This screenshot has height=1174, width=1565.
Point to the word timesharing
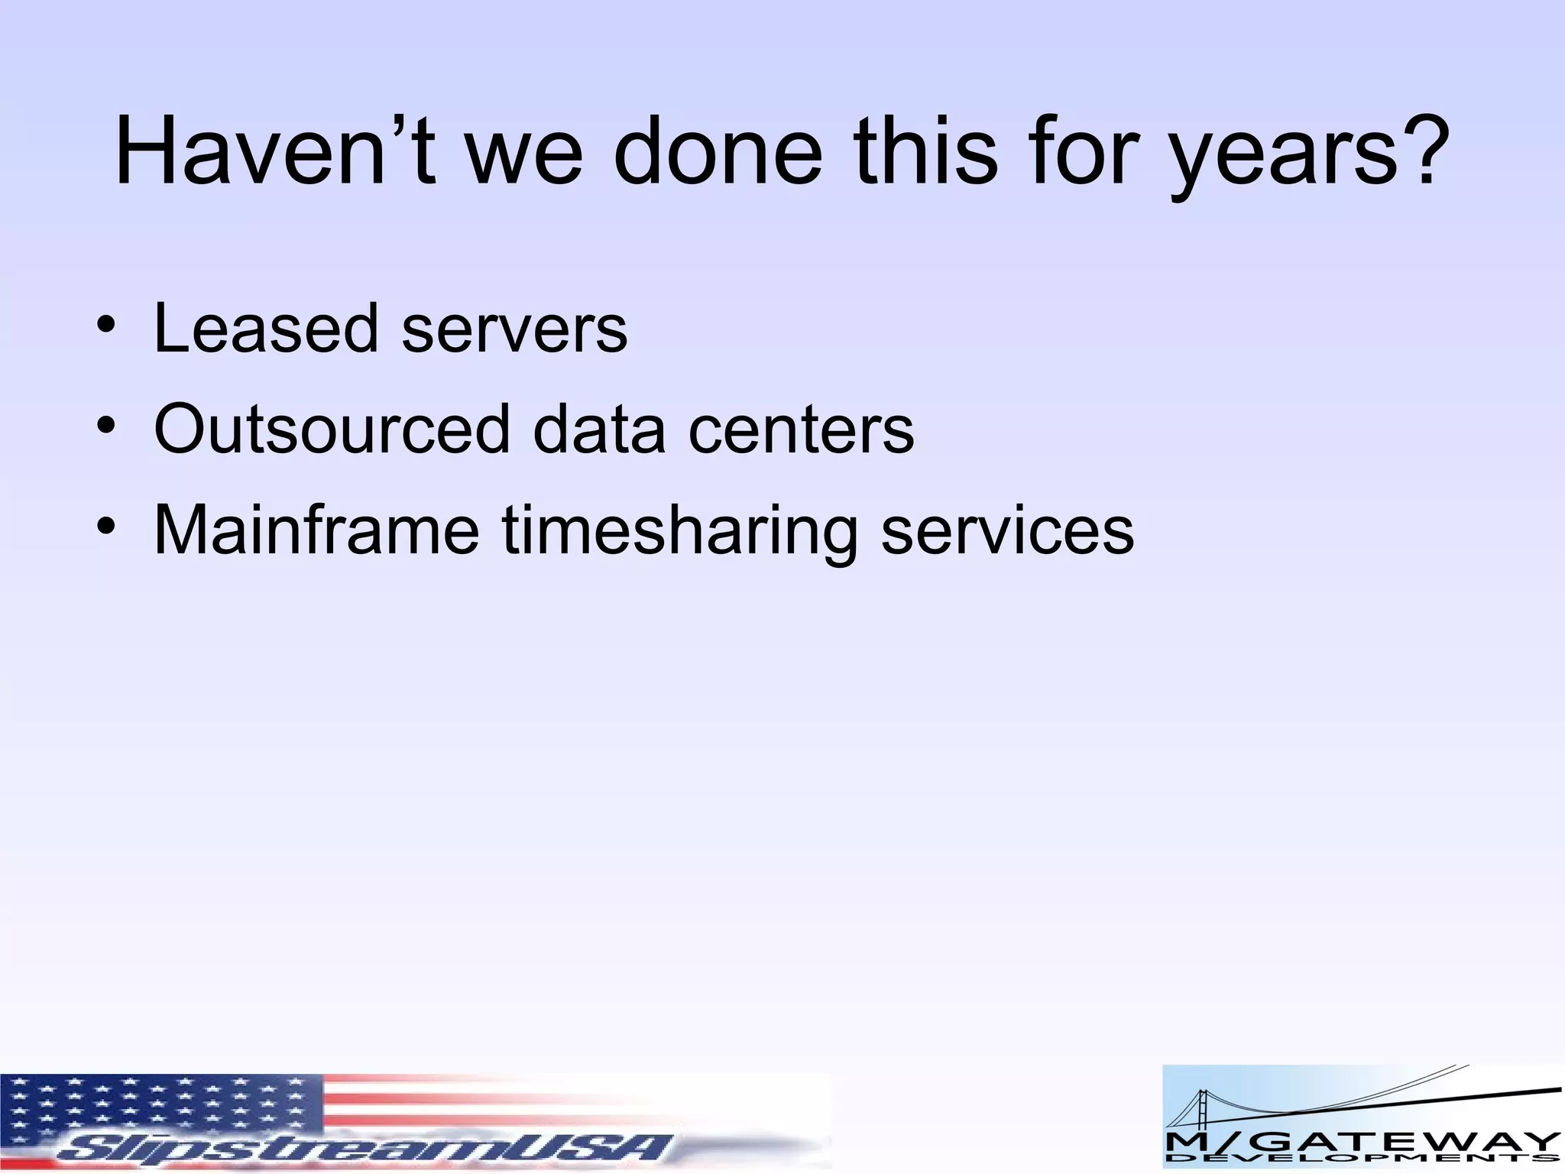679,533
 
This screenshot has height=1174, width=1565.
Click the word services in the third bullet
1007,531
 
